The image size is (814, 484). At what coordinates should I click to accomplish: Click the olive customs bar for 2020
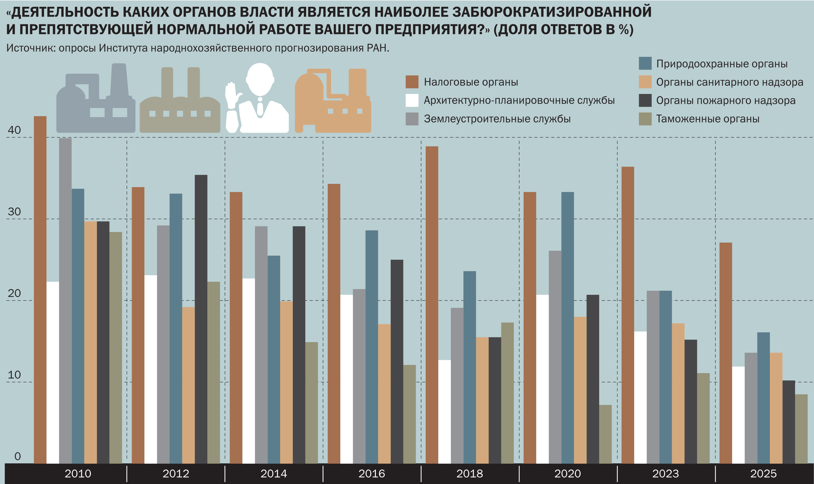click(x=605, y=434)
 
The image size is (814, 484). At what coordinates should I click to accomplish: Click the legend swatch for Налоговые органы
click(x=412, y=82)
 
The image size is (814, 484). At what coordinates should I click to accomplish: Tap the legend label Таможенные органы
click(x=707, y=119)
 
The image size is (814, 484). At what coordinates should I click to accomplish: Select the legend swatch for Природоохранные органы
click(x=645, y=63)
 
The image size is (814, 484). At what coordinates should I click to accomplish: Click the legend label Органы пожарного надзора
click(x=726, y=101)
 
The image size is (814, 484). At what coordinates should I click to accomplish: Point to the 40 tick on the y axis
click(x=14, y=130)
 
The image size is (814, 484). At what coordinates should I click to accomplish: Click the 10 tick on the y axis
click(x=14, y=375)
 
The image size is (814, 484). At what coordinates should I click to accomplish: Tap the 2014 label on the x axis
click(x=274, y=474)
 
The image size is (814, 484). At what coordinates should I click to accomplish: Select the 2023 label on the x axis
click(x=665, y=474)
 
